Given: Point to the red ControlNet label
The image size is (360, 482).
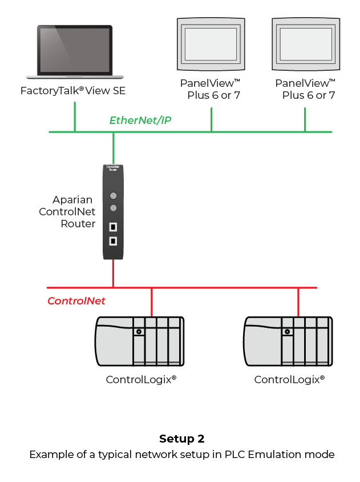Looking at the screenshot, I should (76, 301).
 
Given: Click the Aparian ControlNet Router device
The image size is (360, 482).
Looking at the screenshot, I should (113, 211).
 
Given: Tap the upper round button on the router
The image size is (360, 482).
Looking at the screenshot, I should (113, 195).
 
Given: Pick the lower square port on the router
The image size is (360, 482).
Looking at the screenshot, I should (113, 240).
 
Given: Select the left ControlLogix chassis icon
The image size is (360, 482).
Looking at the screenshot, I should (139, 341).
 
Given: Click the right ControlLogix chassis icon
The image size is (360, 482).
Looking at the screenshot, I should (288, 341).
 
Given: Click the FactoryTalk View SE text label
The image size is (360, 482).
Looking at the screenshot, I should (73, 91).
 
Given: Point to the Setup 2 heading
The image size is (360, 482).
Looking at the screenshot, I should (181, 439).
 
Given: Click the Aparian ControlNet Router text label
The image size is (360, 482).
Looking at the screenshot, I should (67, 211).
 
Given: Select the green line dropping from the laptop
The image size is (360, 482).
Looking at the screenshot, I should (74, 117).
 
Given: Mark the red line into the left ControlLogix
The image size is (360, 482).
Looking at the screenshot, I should (151, 302).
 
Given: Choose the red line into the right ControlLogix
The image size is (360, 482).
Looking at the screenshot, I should (298, 302).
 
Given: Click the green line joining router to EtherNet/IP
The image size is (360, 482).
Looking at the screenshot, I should (114, 148).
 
